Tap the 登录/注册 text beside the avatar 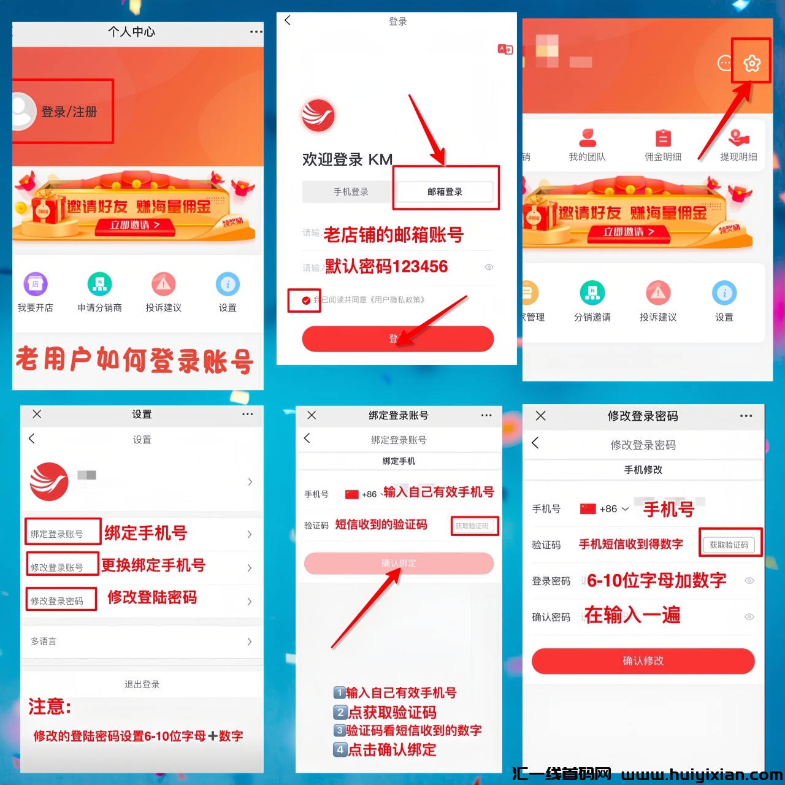69,112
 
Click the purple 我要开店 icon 36,284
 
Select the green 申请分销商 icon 99,284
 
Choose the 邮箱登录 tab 445,192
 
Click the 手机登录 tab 351,192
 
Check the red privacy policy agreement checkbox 306,301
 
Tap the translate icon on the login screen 505,50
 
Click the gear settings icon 752,63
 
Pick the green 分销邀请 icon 592,293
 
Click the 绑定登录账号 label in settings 57,534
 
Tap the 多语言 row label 44,641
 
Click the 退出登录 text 142,684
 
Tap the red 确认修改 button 643,661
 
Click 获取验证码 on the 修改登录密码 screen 729,545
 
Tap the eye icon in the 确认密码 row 749,617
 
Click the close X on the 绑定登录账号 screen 312,415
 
